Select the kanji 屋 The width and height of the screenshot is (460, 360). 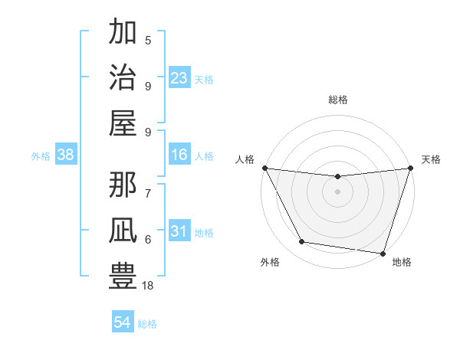click(x=123, y=123)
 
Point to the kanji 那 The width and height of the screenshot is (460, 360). click(x=123, y=182)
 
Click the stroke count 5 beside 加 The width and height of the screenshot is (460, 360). click(x=148, y=41)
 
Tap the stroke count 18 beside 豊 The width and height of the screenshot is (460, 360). click(x=148, y=286)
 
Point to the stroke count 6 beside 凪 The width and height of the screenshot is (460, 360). click(x=148, y=239)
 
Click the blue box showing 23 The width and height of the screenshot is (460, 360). click(x=179, y=78)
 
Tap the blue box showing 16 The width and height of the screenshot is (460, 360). click(x=179, y=155)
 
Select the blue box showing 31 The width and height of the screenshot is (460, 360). click(x=179, y=232)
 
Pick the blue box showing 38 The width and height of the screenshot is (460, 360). click(x=66, y=155)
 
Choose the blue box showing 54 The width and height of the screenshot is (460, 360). click(x=123, y=322)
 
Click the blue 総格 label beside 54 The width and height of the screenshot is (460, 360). click(x=147, y=324)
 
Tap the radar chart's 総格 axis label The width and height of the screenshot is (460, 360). click(x=337, y=100)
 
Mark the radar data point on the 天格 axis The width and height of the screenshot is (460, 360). click(x=410, y=169)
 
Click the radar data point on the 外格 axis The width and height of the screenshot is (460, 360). click(x=302, y=242)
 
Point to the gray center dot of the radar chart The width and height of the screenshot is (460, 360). click(x=337, y=191)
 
